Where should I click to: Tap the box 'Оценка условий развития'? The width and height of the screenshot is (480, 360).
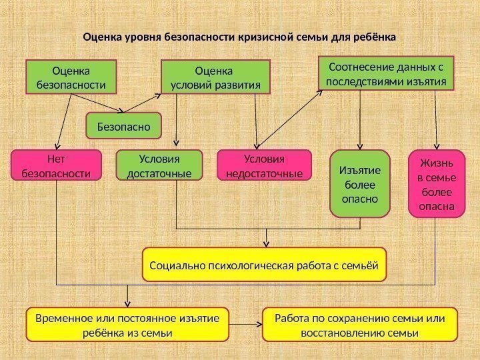[217, 77]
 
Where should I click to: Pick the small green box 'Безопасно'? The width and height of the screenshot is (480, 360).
[125, 125]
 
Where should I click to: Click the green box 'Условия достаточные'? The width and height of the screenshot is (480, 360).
[159, 166]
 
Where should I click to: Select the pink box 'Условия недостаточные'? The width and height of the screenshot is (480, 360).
[265, 166]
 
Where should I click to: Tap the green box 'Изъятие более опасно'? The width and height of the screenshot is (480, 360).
[360, 183]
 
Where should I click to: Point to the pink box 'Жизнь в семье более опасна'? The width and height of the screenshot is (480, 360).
[436, 183]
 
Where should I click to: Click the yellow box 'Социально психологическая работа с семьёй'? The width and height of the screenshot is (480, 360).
[265, 265]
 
